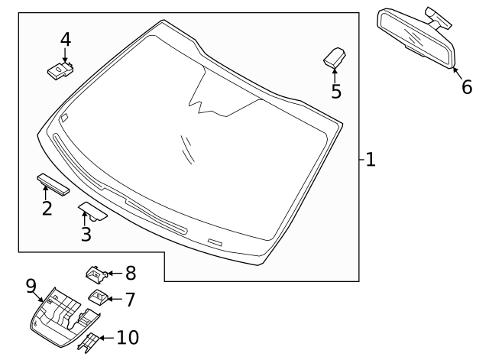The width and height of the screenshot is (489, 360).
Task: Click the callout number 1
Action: pos(370,160)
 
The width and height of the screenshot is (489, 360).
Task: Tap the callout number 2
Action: pos(47,207)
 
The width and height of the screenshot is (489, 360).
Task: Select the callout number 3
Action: pos(86,234)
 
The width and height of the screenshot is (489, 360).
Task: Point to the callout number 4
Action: pos(65,38)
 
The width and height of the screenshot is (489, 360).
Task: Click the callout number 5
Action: pos(335,92)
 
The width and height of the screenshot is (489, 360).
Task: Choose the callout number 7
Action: pos(129,298)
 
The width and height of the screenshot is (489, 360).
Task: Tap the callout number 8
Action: pos(130,272)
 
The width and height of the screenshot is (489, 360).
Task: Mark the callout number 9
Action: pos(31,286)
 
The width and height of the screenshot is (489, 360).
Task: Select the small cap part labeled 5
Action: pos(335,56)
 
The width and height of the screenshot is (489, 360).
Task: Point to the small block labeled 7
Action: pos(98,296)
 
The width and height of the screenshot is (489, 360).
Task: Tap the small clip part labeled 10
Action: pos(89,342)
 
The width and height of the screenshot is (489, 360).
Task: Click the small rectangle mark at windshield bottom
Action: pos(215,242)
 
